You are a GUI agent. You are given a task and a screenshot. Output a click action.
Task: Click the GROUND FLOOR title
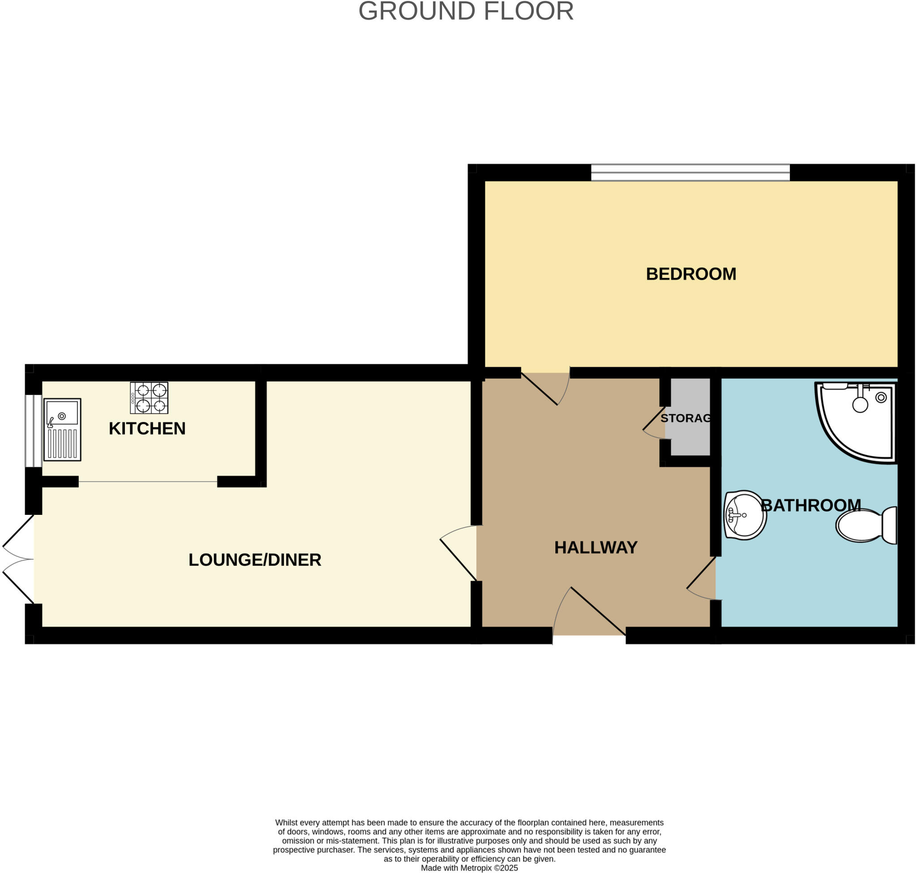click(466, 11)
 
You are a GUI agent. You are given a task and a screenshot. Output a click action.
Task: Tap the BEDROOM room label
click(691, 274)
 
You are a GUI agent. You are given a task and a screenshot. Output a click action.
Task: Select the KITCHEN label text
click(147, 428)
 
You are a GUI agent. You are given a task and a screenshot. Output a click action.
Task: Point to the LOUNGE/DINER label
click(255, 560)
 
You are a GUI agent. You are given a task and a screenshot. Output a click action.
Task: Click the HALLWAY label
click(596, 548)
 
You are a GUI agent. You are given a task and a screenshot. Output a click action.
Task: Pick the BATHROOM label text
click(810, 505)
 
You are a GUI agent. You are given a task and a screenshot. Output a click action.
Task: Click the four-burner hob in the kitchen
click(149, 398)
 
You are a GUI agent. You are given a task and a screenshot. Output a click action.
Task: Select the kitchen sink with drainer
click(62, 429)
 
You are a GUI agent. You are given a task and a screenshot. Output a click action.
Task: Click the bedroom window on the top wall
click(690, 172)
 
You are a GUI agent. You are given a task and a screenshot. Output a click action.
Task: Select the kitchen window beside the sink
click(34, 430)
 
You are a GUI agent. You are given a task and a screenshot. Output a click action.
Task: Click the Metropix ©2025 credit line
click(469, 868)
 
